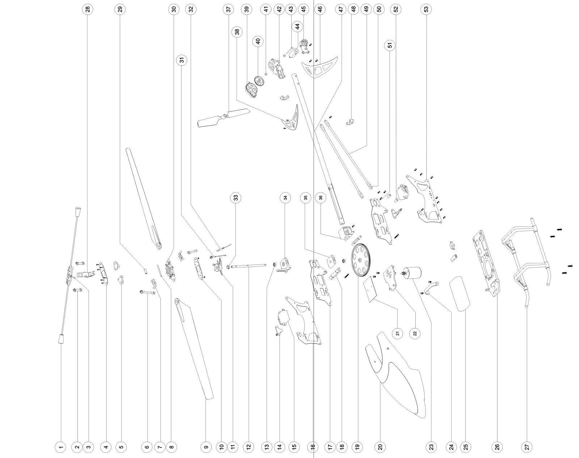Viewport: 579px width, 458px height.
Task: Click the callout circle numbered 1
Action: point(61,447)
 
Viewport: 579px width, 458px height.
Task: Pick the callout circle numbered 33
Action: point(236,198)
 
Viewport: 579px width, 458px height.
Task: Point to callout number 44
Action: point(297,27)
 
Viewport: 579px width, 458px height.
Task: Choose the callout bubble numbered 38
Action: point(237,31)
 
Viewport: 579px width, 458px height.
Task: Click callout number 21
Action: point(398,334)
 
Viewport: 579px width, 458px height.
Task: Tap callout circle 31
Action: point(182,60)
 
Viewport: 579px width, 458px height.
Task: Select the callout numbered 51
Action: point(390,45)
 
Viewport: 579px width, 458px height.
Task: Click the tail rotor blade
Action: point(223,118)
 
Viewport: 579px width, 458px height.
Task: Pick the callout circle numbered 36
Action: point(321,198)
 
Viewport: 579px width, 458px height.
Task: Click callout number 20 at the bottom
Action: point(380,447)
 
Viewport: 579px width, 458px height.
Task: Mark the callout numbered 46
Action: point(320,9)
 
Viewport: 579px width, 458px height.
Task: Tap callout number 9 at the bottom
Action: point(206,447)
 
